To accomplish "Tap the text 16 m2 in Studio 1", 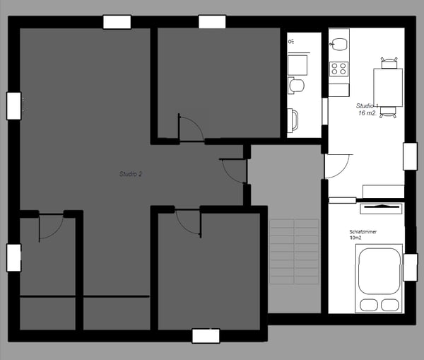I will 367,113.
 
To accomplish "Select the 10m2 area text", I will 356,238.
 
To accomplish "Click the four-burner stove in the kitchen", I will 339,69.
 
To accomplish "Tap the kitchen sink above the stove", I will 339,45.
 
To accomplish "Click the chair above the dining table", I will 388,62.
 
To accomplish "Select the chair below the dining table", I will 388,112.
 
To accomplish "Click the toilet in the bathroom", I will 297,86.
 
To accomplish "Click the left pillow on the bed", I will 369,304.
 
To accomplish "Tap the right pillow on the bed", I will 390,304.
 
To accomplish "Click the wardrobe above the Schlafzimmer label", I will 382,207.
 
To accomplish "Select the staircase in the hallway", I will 294,251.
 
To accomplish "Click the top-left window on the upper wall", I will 117,22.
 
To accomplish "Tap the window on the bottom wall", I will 206,336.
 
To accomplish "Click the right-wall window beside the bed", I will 410,267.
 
